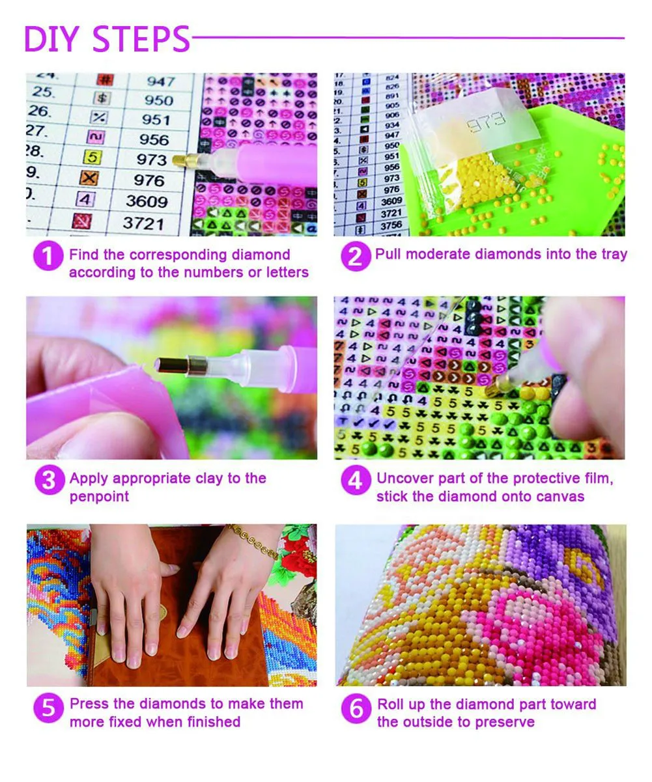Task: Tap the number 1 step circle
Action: click(x=47, y=256)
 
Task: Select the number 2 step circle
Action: click(x=354, y=256)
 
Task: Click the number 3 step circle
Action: click(x=48, y=481)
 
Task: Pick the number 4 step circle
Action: click(x=355, y=481)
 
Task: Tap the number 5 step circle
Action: click(x=48, y=706)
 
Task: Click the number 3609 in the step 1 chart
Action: click(x=146, y=201)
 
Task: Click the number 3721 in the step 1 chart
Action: click(x=143, y=223)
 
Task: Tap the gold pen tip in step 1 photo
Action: click(x=180, y=160)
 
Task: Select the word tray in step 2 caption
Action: click(x=613, y=254)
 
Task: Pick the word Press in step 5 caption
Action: click(x=89, y=703)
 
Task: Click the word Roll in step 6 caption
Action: click(x=392, y=704)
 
